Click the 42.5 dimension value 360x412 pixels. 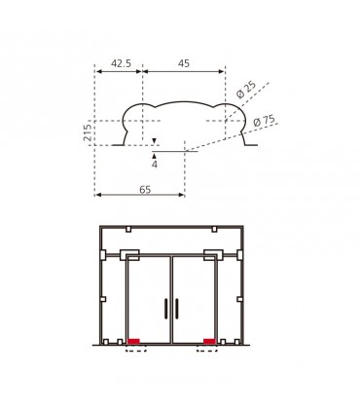coord(121,63)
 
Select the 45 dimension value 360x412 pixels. coord(184,63)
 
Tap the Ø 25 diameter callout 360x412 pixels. coord(246,90)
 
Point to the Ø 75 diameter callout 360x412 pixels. coord(264,121)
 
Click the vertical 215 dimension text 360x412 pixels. coord(88,132)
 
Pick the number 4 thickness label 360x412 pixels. coord(155,165)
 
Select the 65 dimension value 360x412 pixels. coord(145,189)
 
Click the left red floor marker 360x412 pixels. coord(133,341)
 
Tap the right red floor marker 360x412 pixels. coord(209,341)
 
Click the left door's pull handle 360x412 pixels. coord(166,308)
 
